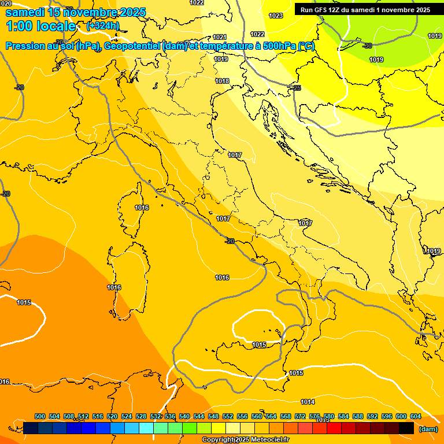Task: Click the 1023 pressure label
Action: point(276,16)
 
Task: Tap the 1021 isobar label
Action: point(220,37)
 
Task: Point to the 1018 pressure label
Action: point(222,81)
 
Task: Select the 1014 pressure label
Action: point(308,402)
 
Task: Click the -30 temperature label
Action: point(367,46)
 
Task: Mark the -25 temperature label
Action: point(296,88)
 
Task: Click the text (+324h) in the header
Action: point(102,25)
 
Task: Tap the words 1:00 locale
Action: point(40,26)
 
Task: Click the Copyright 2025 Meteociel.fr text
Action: point(245,439)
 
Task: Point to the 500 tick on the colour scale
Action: point(40,416)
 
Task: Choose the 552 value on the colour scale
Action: point(228,416)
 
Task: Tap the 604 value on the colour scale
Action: point(416,416)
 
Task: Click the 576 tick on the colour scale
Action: point(314,416)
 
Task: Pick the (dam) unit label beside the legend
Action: point(428,428)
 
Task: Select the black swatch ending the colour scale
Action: point(406,428)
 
